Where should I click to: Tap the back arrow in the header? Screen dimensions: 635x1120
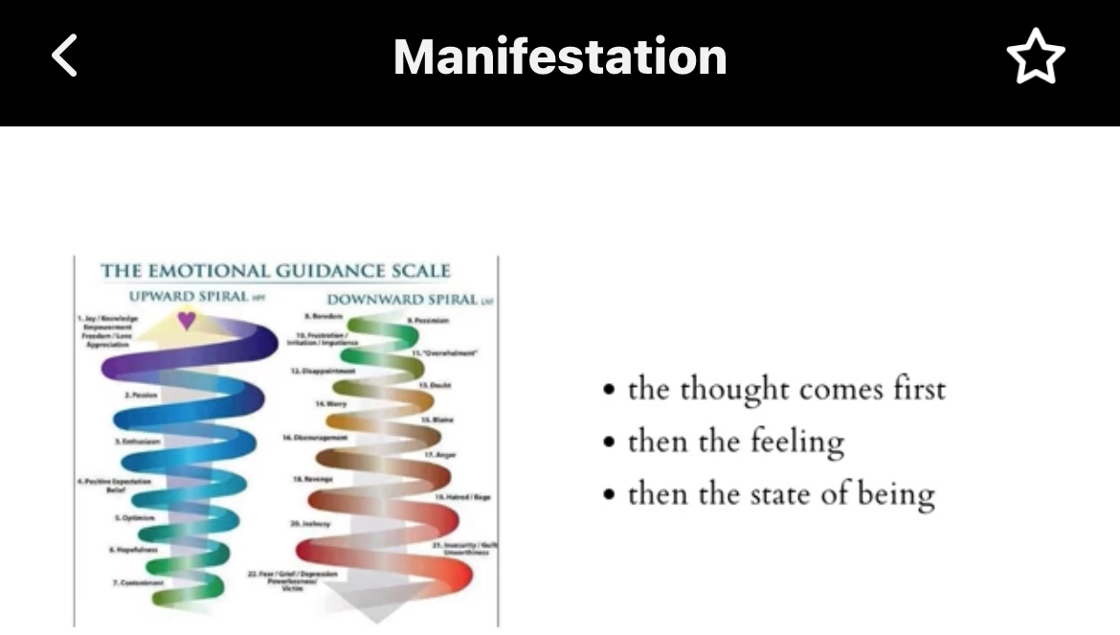pos(64,57)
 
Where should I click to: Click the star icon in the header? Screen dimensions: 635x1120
pos(1035,57)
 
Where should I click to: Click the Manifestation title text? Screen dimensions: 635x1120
pos(560,57)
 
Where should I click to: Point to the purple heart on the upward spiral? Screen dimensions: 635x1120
pos(187,321)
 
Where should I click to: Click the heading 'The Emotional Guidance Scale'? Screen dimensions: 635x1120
pos(276,271)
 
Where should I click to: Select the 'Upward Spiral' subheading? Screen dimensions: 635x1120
pos(189,296)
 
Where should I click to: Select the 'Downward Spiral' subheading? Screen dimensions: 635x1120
pos(402,300)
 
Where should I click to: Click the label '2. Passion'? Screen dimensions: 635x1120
pos(140,395)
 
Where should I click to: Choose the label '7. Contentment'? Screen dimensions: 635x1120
pos(139,582)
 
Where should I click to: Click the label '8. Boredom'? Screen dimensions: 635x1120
pos(324,315)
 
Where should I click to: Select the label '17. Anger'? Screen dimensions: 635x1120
pos(440,454)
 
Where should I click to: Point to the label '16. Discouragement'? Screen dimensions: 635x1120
pos(315,437)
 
